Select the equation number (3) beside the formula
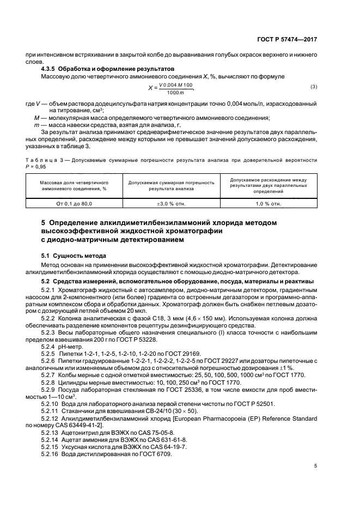(314, 87)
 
